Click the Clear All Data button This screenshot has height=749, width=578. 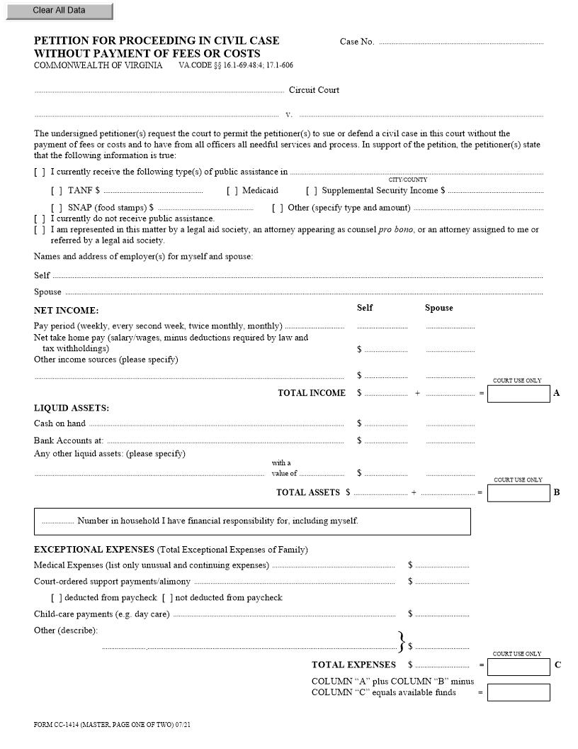pyautogui.click(x=59, y=11)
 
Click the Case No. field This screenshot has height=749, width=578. pyautogui.click(x=460, y=43)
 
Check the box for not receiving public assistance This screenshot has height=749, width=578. pyautogui.click(x=40, y=219)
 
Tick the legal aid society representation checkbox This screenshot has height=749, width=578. pyautogui.click(x=40, y=230)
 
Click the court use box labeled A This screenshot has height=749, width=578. pyautogui.click(x=518, y=394)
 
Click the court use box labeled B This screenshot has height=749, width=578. pyautogui.click(x=518, y=493)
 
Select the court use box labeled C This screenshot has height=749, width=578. pyautogui.click(x=518, y=666)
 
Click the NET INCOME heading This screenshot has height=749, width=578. pyautogui.click(x=67, y=311)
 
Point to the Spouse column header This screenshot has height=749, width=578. pyautogui.click(x=438, y=308)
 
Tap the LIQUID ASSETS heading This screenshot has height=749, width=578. pyautogui.click(x=72, y=408)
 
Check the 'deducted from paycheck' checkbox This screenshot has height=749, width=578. pyautogui.click(x=57, y=598)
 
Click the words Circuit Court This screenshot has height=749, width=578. pyautogui.click(x=314, y=90)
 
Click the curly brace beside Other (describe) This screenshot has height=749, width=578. pyautogui.click(x=402, y=641)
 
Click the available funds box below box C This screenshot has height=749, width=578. pyautogui.click(x=518, y=692)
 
